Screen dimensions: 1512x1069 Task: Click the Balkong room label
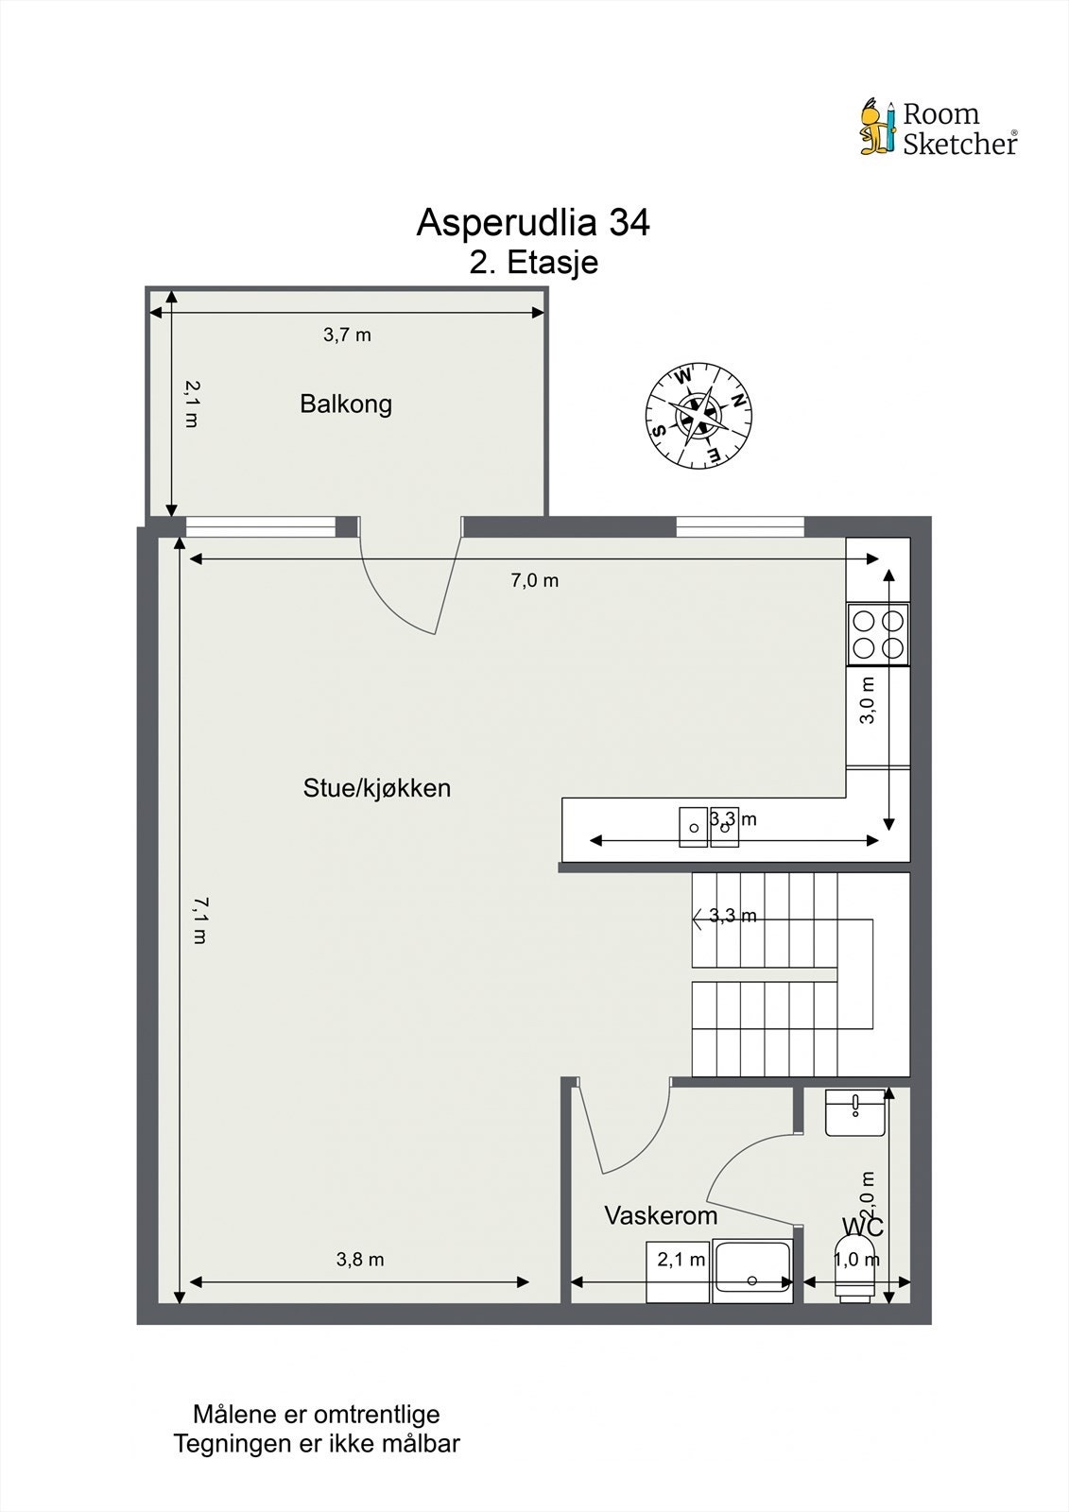coord(346,404)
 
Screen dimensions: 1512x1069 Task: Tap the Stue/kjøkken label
coord(376,788)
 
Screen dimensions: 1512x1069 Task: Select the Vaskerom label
coord(661,1215)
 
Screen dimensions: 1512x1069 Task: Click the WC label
coord(862,1227)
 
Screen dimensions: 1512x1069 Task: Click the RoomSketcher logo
coord(939,129)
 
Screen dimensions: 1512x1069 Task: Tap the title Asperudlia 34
coord(533,223)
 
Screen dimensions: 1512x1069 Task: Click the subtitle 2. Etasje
coord(534,263)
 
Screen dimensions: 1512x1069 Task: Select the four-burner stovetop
coord(878,633)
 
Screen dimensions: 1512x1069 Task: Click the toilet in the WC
coord(856,1281)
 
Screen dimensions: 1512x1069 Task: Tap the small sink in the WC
coord(855,1112)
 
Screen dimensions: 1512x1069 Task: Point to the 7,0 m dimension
coord(535,580)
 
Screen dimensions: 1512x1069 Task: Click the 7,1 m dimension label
coord(198,920)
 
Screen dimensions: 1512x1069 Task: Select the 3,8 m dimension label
coord(360,1259)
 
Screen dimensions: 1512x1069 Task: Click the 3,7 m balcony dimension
coord(347,335)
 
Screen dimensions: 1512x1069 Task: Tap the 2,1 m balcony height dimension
coord(191,404)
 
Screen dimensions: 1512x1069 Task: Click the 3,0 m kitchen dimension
coord(868,700)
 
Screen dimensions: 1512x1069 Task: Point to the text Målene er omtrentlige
coord(317,1415)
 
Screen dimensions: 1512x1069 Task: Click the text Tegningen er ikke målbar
coord(317,1444)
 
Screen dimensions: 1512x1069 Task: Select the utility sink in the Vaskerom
coord(752,1268)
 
